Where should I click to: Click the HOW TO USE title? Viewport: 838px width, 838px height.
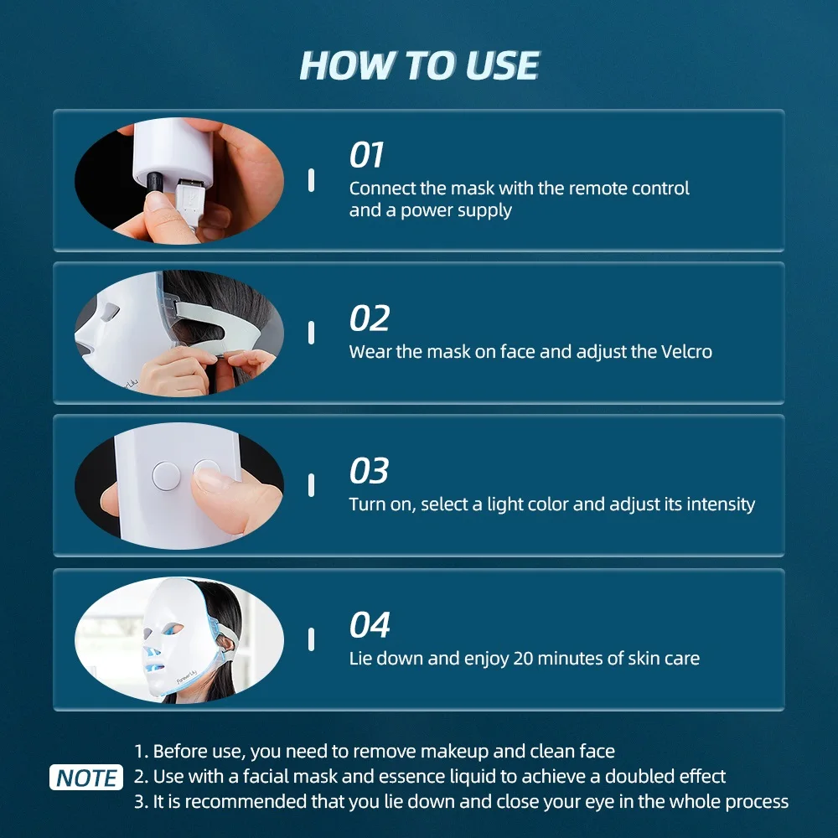[419, 65]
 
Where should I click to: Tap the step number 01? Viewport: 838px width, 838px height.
[366, 155]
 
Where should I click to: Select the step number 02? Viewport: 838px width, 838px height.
[369, 319]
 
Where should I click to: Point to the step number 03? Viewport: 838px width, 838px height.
[369, 472]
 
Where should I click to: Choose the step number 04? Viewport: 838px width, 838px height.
[370, 625]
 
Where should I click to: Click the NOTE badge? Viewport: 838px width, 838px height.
[86, 778]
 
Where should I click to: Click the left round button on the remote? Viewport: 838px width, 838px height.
[166, 476]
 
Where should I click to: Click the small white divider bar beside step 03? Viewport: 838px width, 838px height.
[311, 485]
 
